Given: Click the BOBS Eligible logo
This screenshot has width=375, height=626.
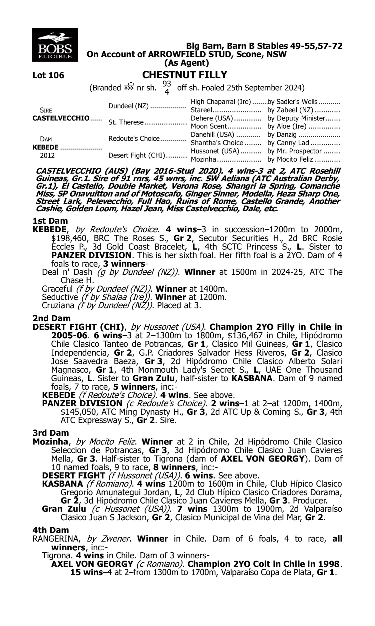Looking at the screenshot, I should point(55,45).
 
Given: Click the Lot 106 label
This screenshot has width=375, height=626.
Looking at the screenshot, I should point(48,75).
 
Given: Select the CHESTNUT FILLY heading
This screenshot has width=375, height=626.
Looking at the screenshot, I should point(185,75).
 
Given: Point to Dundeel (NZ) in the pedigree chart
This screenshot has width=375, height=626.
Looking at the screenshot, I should point(128,106).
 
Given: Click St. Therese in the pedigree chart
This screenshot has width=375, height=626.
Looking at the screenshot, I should point(126,122).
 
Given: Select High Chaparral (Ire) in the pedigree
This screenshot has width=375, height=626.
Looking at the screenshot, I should point(220,102).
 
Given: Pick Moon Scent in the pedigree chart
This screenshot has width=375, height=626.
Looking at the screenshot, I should point(209,126).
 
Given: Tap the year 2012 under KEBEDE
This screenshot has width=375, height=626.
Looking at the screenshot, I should point(47,155).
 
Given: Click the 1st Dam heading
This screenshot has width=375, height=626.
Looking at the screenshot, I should point(50,221).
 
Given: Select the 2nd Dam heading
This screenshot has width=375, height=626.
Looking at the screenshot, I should point(51,318).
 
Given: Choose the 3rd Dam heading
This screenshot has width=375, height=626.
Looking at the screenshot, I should point(50,433).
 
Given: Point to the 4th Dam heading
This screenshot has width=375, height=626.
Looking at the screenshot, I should point(50,530).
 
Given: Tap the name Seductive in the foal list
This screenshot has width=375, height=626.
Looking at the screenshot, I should point(60,297).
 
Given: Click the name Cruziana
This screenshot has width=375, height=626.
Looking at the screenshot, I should point(58,305).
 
